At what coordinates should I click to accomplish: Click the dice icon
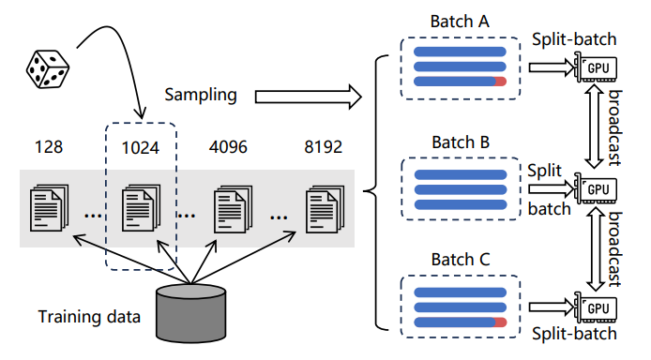click(47, 68)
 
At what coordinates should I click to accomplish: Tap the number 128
click(49, 147)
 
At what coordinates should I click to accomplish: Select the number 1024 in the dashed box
click(141, 148)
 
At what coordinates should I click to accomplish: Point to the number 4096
click(228, 147)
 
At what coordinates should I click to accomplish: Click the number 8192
click(323, 147)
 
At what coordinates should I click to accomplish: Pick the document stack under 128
click(49, 207)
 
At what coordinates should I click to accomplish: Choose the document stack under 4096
click(233, 209)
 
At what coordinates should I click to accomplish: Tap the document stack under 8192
click(325, 209)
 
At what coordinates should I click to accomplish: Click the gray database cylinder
click(191, 313)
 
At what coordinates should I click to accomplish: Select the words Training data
click(89, 317)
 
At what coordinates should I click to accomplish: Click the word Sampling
click(201, 95)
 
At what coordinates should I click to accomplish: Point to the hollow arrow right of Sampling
click(308, 97)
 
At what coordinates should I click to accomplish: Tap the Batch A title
click(460, 22)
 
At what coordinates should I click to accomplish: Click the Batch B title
click(461, 142)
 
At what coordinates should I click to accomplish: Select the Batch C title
click(461, 260)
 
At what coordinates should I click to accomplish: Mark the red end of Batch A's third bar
click(500, 82)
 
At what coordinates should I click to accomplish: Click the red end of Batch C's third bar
click(500, 322)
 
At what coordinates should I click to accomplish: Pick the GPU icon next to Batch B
click(596, 188)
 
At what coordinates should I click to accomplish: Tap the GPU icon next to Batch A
click(596, 67)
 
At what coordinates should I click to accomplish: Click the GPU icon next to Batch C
click(596, 307)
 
